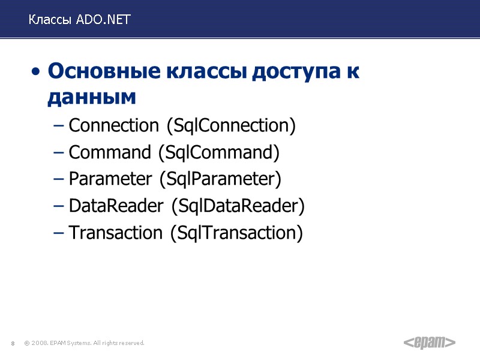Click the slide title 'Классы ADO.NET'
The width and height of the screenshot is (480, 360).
[79, 20]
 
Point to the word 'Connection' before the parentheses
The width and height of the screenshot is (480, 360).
[114, 125]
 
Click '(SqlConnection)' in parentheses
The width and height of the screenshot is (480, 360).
[231, 125]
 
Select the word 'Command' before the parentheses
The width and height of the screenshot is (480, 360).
[110, 152]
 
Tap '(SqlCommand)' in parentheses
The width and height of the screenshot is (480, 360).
[219, 152]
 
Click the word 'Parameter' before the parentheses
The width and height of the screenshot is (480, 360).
[111, 179]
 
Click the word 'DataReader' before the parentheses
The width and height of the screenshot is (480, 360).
[116, 206]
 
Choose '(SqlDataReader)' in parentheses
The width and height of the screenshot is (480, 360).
[238, 206]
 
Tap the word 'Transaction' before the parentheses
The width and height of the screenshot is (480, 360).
[116, 232]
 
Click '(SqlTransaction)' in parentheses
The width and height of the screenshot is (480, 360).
[237, 232]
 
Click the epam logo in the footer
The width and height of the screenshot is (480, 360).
[429, 343]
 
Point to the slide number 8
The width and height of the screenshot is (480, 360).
[13, 343]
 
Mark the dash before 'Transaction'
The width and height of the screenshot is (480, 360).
[58, 233]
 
